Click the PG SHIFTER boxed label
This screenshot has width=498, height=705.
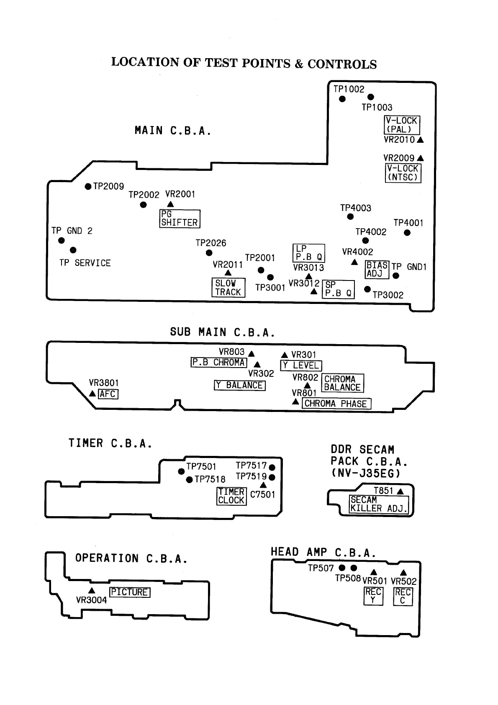(x=180, y=219)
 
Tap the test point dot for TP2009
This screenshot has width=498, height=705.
(x=88, y=187)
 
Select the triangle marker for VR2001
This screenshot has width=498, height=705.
(x=170, y=204)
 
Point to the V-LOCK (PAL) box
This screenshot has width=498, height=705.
(x=401, y=125)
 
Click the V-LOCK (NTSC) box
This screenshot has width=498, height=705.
(x=403, y=172)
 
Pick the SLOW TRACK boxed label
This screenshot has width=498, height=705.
(x=228, y=288)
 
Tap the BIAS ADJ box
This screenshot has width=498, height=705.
(x=377, y=270)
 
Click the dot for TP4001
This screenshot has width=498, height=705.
(x=407, y=233)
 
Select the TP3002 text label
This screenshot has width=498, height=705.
(x=388, y=295)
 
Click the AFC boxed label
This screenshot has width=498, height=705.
(x=108, y=394)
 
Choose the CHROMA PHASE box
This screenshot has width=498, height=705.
(x=336, y=404)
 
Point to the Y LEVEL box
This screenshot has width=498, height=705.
(x=301, y=365)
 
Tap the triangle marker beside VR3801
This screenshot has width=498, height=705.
(x=92, y=394)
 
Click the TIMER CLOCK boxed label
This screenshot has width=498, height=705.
(x=231, y=496)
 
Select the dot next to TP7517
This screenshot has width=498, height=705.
(x=272, y=467)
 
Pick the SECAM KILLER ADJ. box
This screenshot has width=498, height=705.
(x=379, y=504)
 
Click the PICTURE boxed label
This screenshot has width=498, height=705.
(x=130, y=592)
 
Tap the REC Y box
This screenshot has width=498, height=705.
(x=373, y=596)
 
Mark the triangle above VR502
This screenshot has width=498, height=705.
(x=403, y=573)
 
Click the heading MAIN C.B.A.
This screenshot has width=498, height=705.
(x=173, y=131)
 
